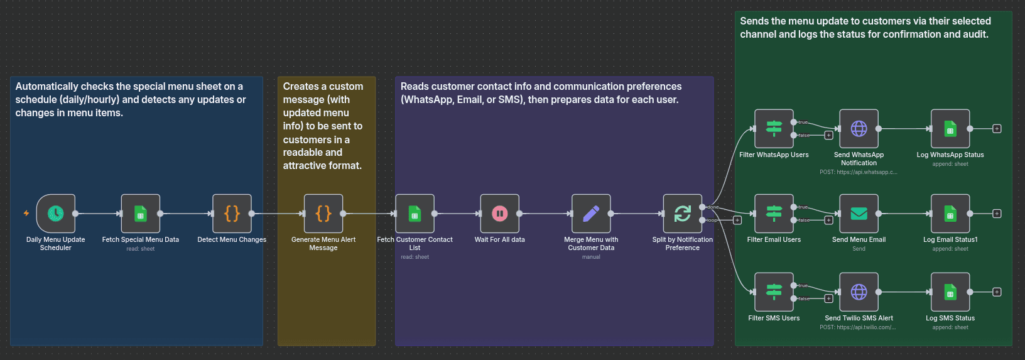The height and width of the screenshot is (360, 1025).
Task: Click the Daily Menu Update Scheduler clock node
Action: click(56, 214)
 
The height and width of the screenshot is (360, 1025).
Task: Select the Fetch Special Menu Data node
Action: click(141, 214)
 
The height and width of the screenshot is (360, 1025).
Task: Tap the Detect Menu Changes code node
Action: click(232, 214)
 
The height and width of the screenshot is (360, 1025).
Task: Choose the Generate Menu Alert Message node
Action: click(323, 214)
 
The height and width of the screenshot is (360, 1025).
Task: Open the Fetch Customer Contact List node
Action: click(415, 214)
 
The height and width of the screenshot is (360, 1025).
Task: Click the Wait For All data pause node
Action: click(500, 214)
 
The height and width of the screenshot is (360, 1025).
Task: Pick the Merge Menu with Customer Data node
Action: click(591, 214)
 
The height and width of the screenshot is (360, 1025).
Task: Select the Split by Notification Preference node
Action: click(683, 214)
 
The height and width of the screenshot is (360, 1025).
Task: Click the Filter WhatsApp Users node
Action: click(774, 129)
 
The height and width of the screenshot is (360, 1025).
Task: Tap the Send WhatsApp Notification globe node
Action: click(859, 129)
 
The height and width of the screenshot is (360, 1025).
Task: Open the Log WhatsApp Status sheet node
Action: click(950, 129)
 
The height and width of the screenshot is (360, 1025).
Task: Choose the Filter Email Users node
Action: click(774, 214)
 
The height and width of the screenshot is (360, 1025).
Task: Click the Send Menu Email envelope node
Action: click(859, 214)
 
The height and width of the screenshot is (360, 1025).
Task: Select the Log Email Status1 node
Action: click(950, 214)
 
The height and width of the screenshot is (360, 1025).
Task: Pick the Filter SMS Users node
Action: click(774, 292)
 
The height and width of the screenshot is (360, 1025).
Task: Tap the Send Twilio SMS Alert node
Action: click(859, 292)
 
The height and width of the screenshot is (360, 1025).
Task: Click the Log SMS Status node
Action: click(950, 292)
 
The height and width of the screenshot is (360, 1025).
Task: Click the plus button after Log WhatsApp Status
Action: click(997, 129)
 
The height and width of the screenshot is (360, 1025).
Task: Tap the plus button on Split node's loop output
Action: click(737, 221)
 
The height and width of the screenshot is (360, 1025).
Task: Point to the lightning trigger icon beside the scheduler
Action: click(26, 214)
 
